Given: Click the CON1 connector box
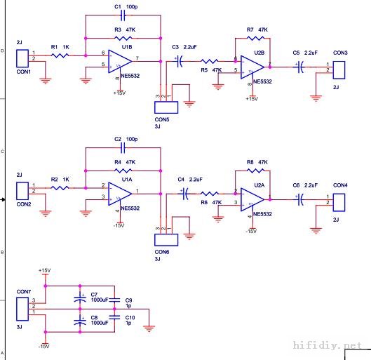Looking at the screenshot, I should click(22, 58).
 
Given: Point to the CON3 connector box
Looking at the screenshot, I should click(339, 69).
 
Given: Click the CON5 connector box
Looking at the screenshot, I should click(166, 107).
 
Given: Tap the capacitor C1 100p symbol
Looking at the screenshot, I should click(122, 14).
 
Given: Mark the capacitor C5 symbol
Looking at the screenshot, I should click(301, 67).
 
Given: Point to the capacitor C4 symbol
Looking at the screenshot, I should click(187, 197).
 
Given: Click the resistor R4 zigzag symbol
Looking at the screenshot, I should click(122, 171).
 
